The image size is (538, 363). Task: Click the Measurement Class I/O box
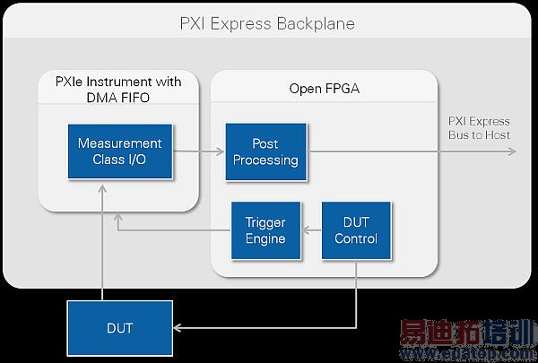119,151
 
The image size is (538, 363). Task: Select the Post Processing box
265,151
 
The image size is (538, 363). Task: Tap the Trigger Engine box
265,230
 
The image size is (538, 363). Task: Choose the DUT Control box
355,230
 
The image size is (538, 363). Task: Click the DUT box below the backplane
119,328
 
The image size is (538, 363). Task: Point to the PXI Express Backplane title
267,23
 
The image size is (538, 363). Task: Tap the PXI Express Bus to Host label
479,128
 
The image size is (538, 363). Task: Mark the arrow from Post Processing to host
412,151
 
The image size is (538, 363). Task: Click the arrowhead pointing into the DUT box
178,328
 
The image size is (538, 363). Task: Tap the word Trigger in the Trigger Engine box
265,222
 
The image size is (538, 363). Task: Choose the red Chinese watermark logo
464,335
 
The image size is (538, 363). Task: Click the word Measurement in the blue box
119,143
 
